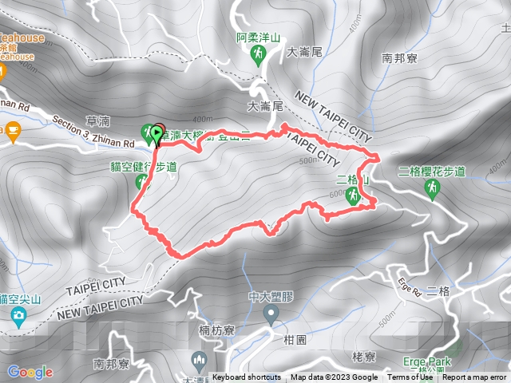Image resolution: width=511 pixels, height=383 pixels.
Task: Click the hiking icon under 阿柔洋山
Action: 258,53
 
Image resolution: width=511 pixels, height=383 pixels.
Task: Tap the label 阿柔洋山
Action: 258,37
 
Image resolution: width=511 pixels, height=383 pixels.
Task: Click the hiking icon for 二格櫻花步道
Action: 432,187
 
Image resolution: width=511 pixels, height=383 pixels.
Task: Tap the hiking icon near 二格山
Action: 353,195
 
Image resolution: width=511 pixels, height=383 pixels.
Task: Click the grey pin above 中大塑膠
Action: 271,314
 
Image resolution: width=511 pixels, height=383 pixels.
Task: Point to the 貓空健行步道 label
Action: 143,167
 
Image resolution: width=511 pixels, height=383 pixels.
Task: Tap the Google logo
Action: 30,372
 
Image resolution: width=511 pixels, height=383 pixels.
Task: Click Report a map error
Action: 474,377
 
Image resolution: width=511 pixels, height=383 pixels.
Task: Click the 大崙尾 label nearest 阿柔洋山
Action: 304,52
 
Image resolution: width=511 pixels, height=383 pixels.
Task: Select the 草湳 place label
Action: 97,120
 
